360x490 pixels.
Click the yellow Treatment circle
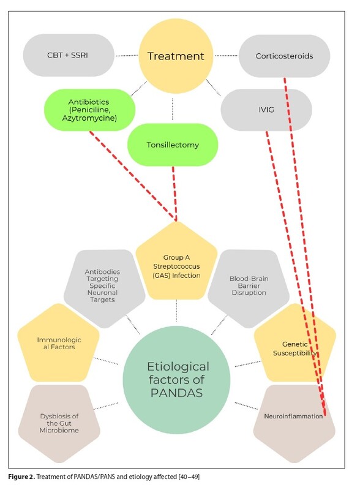coord(176,56)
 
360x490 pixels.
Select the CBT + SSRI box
coord(69,55)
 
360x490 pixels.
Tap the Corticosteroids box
coord(284,56)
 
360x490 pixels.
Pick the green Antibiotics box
coord(89,110)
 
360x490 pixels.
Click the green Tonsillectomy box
coord(173,145)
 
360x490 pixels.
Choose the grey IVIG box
coord(266,110)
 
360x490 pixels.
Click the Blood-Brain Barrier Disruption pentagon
coord(249,288)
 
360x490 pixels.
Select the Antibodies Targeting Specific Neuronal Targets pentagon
coord(104,288)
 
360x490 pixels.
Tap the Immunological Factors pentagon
coord(58,343)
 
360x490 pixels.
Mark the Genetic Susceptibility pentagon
coord(295,343)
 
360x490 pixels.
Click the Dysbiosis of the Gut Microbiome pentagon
coord(59,423)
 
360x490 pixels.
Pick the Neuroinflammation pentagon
coord(294,423)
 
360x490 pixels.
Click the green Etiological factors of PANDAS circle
coord(176,380)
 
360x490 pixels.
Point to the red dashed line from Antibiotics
coord(133,176)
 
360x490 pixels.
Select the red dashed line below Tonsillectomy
coord(174,194)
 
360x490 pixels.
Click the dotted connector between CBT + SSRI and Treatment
coord(127,56)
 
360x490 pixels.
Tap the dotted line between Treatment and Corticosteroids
coord(226,56)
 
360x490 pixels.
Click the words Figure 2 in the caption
coord(21,477)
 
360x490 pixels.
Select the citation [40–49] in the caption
coord(189,477)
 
